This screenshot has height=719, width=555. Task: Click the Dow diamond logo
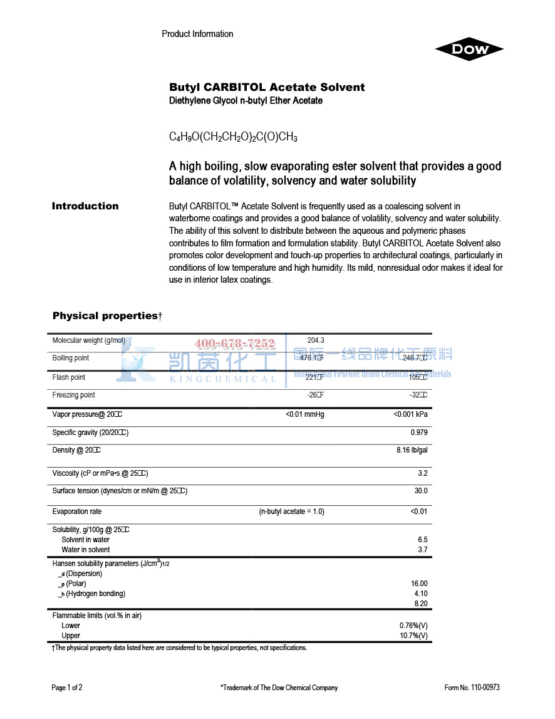point(469,50)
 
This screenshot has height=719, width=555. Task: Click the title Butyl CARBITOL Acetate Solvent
point(267,87)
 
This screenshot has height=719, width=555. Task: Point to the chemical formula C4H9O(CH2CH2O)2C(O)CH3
point(233,137)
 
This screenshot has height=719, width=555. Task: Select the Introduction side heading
point(85,206)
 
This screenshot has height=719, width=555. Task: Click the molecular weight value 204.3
point(316,340)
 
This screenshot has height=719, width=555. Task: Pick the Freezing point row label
point(74,395)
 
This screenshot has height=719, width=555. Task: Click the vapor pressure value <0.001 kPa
point(410,414)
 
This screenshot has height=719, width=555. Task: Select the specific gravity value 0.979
point(419,433)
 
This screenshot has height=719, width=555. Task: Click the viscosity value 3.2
point(423,473)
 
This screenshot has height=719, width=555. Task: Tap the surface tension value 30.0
point(421,491)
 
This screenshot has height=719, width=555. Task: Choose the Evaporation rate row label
point(77,512)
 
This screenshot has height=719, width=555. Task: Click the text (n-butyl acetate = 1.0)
point(292,512)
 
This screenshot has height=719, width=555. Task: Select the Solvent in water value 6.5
point(423,540)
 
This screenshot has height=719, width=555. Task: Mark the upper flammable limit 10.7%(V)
point(413,636)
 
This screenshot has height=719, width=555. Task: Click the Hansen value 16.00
point(419,584)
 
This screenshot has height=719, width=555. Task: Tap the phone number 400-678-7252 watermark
point(235,344)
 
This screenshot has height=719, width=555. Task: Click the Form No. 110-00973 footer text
point(472,688)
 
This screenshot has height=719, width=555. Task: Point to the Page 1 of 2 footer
point(67,688)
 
